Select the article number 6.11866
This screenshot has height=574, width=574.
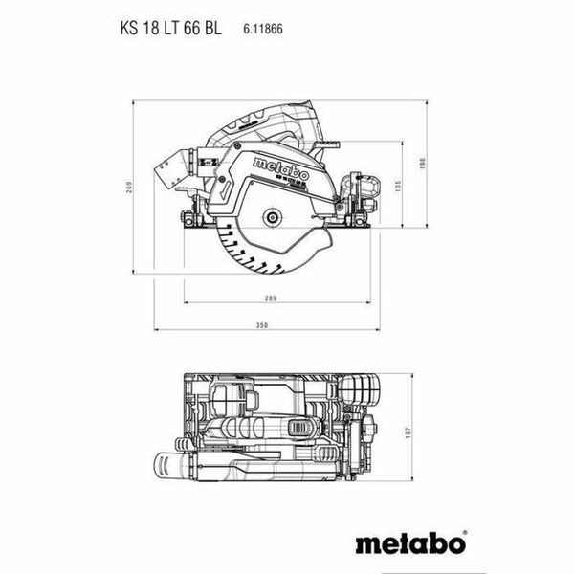260,29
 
